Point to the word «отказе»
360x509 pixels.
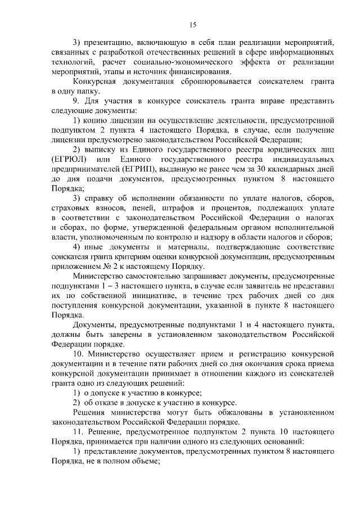tap(107, 402)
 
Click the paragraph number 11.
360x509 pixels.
tap(78, 431)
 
